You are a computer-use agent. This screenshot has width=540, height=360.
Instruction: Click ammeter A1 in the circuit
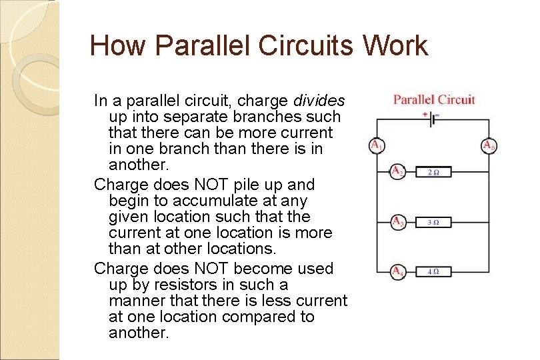coord(376,145)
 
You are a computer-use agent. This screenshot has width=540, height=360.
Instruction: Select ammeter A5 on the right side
coord(489,145)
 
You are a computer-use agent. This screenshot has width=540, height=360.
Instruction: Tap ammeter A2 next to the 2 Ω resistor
coord(397,171)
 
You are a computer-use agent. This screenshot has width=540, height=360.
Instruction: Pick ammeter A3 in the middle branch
coord(397,221)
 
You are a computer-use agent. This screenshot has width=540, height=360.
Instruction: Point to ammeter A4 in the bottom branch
coord(397,271)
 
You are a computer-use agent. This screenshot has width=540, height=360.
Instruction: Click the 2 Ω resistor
coord(433,172)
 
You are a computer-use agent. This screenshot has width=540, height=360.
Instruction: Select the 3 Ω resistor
coord(433,222)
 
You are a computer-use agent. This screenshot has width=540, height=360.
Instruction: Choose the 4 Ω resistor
coord(433,272)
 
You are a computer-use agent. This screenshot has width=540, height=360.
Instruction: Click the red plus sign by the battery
coord(425,113)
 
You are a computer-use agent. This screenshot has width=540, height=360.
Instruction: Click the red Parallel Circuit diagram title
coord(434,100)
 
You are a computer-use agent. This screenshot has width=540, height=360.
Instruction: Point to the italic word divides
coord(319,101)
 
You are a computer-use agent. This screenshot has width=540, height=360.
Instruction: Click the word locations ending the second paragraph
coord(237,249)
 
